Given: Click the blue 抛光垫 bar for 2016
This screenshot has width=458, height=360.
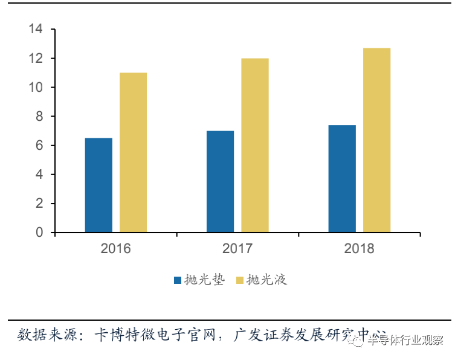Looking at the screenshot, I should [x=98, y=185].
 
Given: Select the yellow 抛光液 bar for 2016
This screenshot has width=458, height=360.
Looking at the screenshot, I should [x=133, y=152].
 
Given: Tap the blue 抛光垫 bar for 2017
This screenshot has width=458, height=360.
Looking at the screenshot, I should [x=220, y=181].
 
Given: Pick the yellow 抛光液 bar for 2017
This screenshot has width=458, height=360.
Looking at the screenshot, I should [x=255, y=145].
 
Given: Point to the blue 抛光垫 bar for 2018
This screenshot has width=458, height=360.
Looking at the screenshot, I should [x=342, y=178].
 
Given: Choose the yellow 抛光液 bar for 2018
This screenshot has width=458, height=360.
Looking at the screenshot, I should [x=376, y=140].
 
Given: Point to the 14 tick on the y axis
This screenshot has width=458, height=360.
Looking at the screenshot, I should [x=35, y=29].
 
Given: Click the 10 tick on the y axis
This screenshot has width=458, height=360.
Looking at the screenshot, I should [x=35, y=87].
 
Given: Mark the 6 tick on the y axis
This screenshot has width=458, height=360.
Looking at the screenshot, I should [x=39, y=146].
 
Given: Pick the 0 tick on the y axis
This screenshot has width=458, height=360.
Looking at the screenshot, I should [x=39, y=233].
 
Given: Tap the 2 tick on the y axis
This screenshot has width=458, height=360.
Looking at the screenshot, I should [x=39, y=204].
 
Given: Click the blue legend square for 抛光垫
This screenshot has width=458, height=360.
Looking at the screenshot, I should [x=178, y=280].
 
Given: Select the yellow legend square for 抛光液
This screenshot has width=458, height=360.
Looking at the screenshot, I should [x=240, y=280].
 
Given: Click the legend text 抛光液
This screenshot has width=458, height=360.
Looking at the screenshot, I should [x=266, y=280].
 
